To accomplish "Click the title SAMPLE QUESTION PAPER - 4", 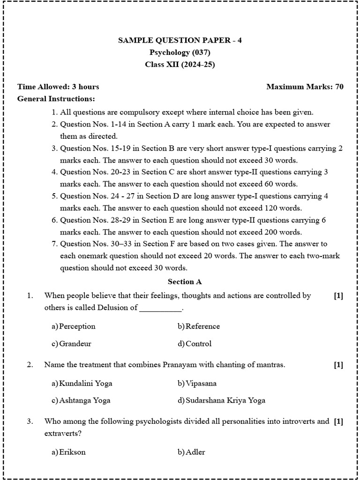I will point(180,40).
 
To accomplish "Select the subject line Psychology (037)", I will point(180,52).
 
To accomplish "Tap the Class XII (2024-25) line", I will point(180,65).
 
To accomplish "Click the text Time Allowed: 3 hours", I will point(58,87).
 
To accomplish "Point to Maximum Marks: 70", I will point(305,87).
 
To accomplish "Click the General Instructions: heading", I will point(56,99).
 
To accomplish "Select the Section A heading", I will point(185,282).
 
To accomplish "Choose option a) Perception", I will point(74,326).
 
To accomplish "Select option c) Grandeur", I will point(72,344).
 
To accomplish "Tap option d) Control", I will point(195,344).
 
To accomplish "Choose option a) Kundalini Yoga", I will point(82,383).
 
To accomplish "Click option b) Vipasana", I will point(197,383).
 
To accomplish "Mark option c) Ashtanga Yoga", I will point(81,400).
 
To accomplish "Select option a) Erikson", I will point(69,452).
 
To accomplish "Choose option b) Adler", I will point(191,452).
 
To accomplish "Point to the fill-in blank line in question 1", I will point(161,309).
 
